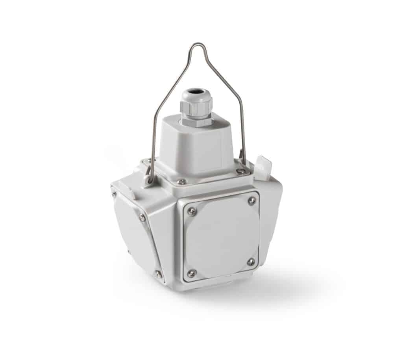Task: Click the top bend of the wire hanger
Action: (x=196, y=45)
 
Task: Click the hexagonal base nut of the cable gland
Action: (x=196, y=119)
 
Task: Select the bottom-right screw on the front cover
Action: (x=251, y=262)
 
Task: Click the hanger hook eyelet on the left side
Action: (x=149, y=179)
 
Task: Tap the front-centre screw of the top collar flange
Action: (x=181, y=182)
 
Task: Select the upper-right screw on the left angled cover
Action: (x=142, y=217)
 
